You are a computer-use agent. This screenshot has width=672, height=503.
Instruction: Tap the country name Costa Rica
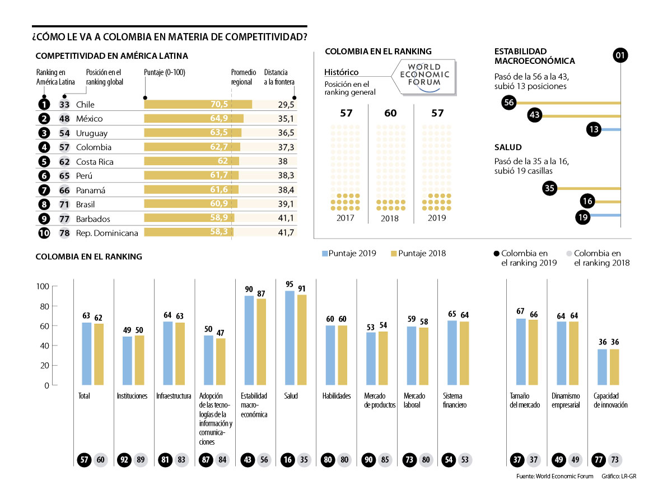pyautogui.click(x=95, y=162)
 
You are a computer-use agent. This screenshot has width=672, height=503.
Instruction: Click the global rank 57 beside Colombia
pyautogui.click(x=64, y=147)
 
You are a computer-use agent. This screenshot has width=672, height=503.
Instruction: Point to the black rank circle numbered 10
pyautogui.click(x=44, y=232)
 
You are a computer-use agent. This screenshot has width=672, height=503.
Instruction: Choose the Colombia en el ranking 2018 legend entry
pyautogui.click(x=598, y=258)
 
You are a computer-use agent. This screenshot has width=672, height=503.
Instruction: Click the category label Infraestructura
pyautogui.click(x=173, y=396)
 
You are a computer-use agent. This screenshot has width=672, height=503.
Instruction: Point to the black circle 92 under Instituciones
pyautogui.click(x=124, y=460)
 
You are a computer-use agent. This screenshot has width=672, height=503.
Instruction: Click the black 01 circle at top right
pyautogui.click(x=620, y=55)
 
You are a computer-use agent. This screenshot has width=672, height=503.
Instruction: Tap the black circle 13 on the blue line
pyautogui.click(x=595, y=129)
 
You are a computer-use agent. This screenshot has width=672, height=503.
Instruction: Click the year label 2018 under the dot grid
pyautogui.click(x=390, y=218)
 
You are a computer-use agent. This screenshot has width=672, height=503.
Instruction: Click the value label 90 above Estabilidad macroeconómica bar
pyautogui.click(x=249, y=289)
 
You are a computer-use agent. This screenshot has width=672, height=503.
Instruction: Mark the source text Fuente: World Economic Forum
pyautogui.click(x=554, y=477)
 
